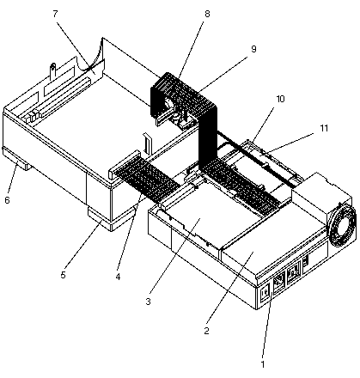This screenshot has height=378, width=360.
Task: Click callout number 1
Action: click(x=262, y=364)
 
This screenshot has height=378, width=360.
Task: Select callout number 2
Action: click(x=206, y=331)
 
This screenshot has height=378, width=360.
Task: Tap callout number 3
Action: click(x=148, y=302)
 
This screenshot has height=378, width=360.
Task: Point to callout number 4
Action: click(x=118, y=277)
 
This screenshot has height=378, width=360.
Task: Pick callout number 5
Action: click(x=63, y=275)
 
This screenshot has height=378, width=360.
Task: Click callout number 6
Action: click(x=7, y=200)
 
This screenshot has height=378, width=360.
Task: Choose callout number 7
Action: click(x=55, y=14)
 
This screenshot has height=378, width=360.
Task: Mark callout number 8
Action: click(x=207, y=14)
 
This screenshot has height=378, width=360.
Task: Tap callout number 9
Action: click(x=253, y=49)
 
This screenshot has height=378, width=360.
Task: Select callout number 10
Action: click(x=280, y=99)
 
